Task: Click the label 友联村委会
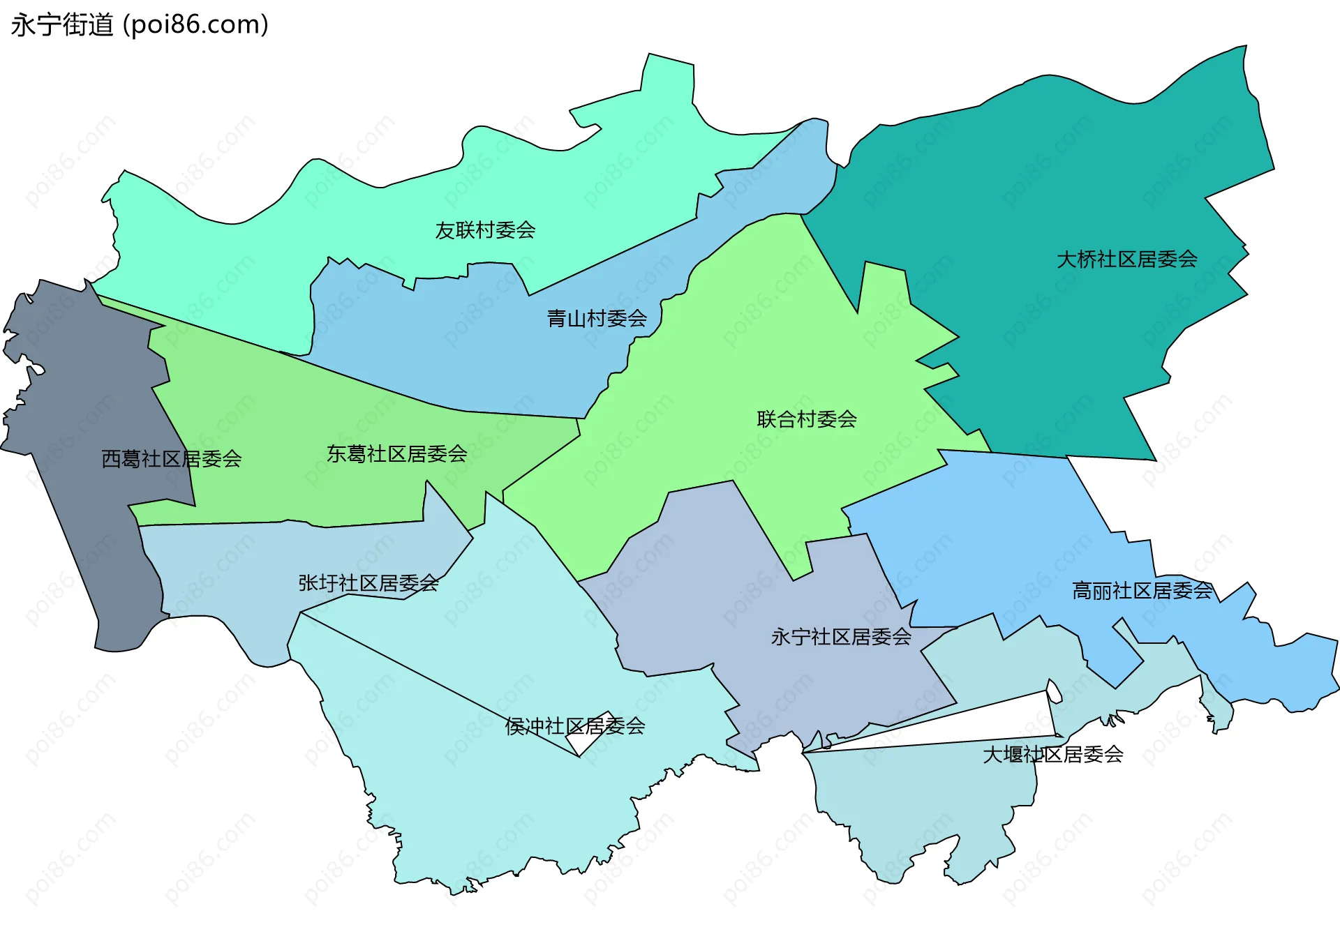point(485,230)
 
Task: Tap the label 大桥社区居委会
point(1126,259)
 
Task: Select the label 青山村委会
point(597,319)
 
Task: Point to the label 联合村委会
point(807,419)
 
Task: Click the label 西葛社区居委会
point(172,459)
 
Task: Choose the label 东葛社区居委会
point(396,454)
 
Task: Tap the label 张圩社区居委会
point(368,583)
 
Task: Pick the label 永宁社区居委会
point(841,637)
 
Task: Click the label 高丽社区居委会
point(1142,591)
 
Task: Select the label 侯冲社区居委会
point(574,726)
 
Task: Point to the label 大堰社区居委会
point(1052,754)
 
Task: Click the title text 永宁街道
point(62,25)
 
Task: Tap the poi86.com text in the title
point(195,25)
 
